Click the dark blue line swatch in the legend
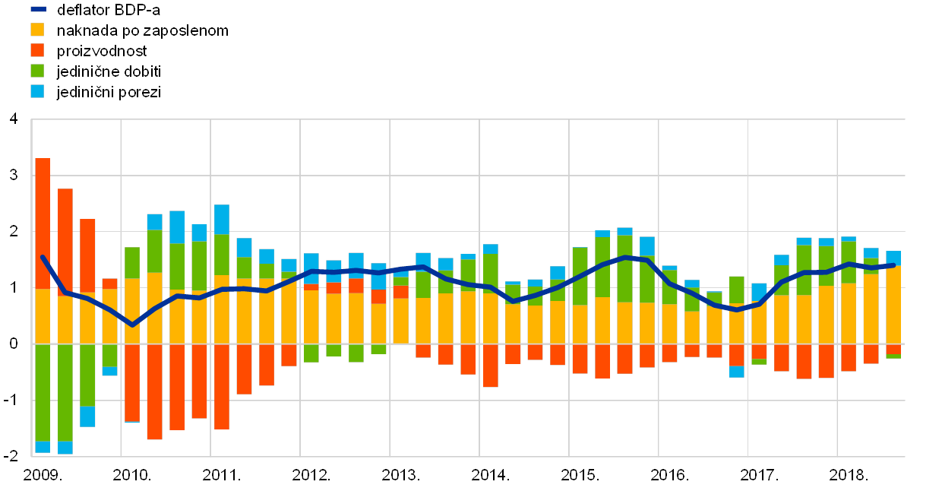38,10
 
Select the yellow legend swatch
37,30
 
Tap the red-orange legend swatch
37,50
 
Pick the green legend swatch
37,71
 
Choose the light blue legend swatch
37,91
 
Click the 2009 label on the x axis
41,475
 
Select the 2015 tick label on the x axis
578,475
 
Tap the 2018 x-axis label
846,475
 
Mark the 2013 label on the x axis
399,475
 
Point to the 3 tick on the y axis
13,175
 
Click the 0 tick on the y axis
13,344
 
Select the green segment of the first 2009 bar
43,392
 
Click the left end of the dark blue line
43,257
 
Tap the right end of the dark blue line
893,265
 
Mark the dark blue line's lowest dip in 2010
131,325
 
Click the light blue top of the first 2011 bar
222,219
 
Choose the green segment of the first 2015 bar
580,276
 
